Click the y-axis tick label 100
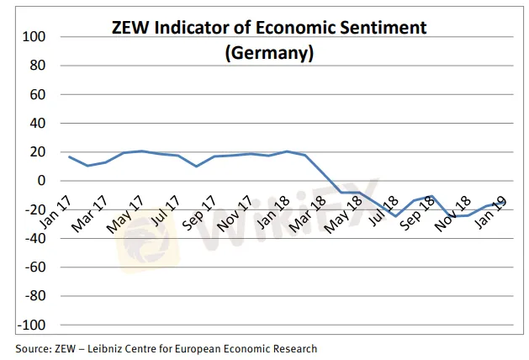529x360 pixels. pos(34,37)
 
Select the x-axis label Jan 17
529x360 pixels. pos(56,209)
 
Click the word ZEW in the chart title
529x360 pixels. pos(130,28)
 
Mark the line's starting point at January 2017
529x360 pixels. pos(69,156)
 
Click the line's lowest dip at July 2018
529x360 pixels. pos(396,216)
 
